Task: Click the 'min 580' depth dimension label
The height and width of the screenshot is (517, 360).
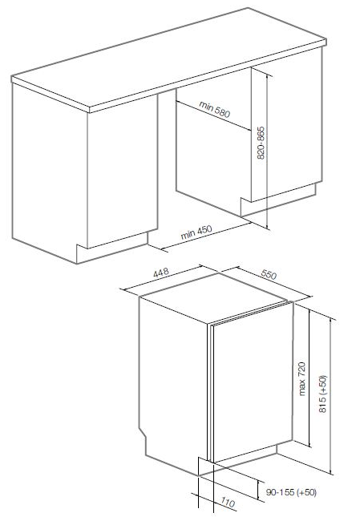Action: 214,109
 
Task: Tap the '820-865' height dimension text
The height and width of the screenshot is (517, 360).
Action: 261,143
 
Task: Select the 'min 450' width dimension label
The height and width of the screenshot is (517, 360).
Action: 196,232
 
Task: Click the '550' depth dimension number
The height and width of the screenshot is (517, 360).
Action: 269,274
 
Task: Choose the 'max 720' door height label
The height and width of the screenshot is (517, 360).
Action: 301,379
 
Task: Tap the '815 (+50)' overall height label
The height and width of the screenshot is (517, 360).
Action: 323,394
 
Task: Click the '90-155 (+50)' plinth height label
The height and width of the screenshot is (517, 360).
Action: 291,492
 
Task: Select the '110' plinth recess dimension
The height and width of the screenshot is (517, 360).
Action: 228,503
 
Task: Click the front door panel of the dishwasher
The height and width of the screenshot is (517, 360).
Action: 253,382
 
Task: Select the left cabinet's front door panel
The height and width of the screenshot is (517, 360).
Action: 123,172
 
